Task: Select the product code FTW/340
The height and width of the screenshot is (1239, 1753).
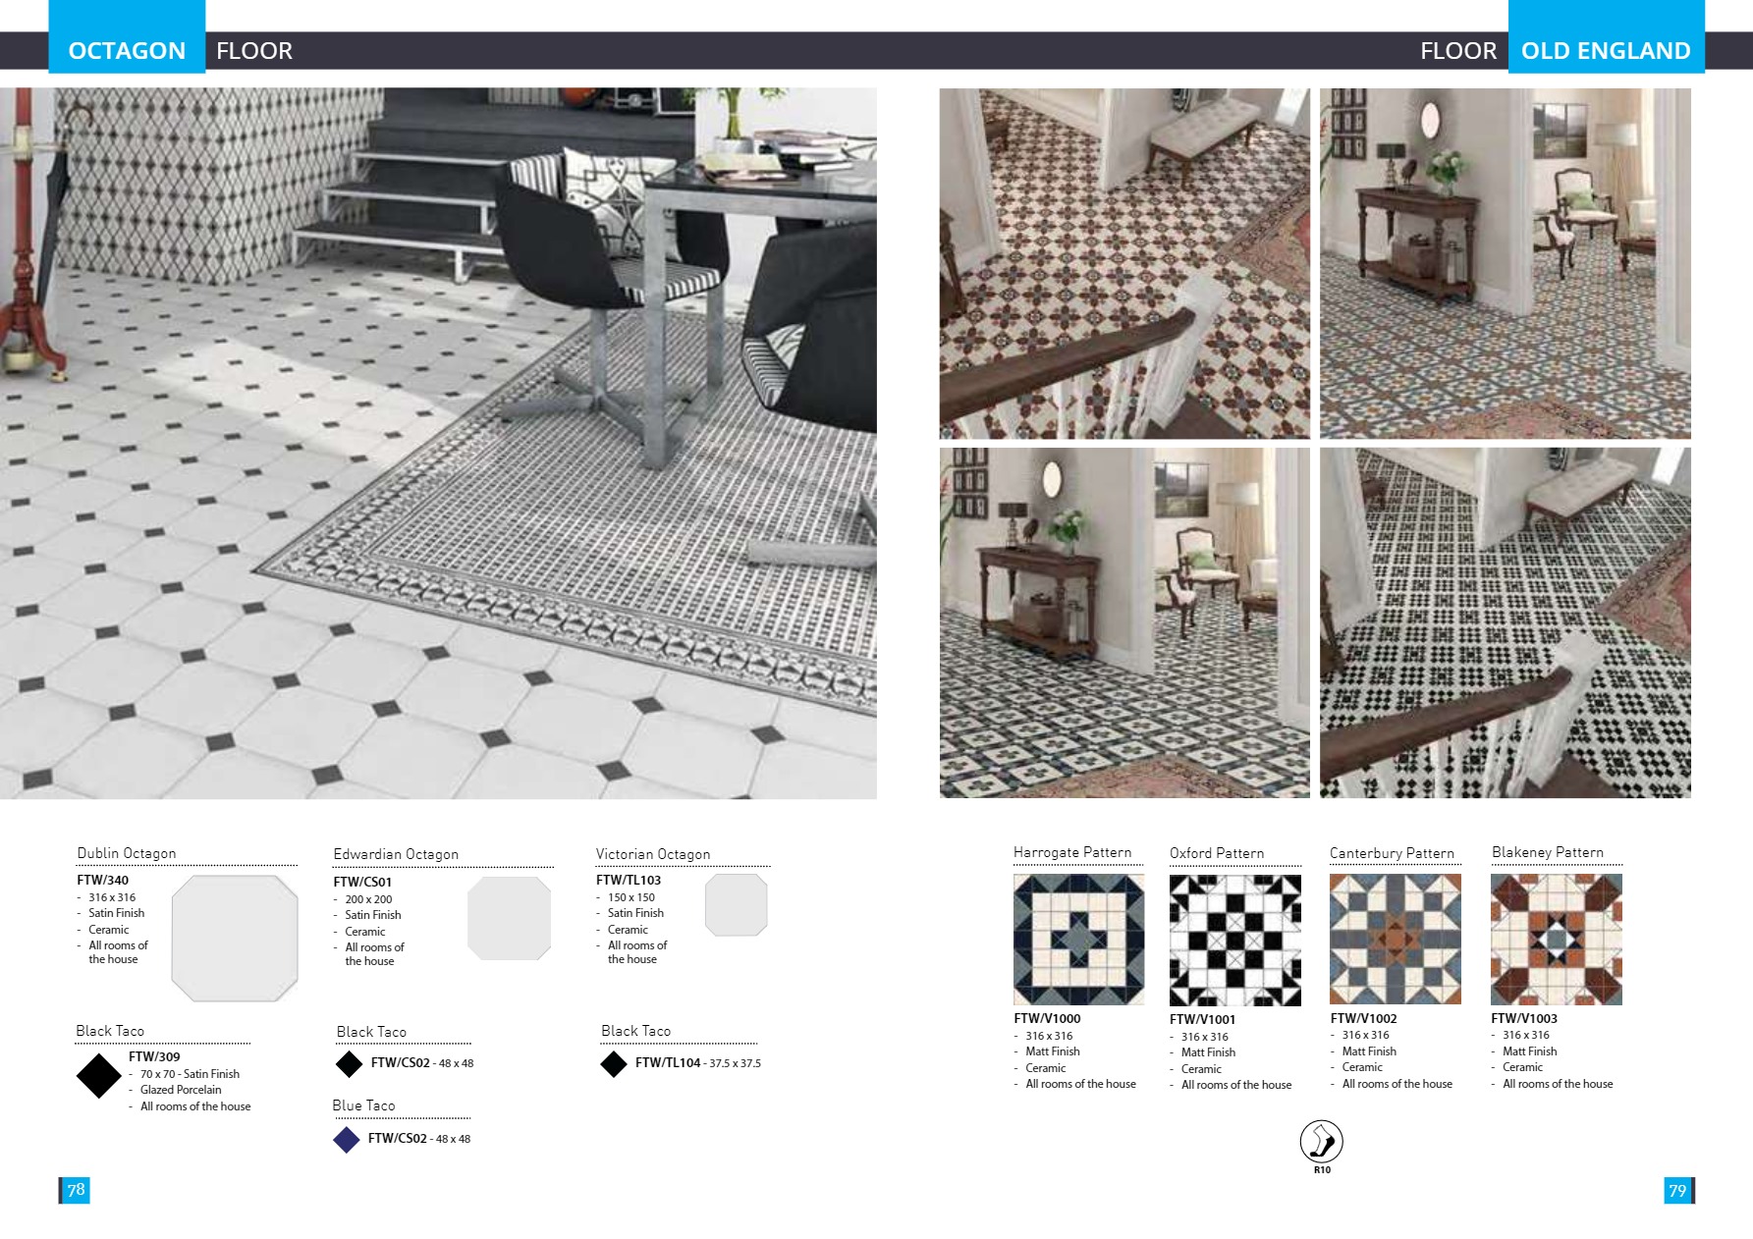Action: tap(103, 880)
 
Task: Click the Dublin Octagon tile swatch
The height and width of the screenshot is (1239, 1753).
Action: tap(235, 939)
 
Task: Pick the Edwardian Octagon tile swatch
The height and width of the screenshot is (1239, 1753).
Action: tap(509, 918)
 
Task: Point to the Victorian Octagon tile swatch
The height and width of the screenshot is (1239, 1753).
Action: tap(736, 904)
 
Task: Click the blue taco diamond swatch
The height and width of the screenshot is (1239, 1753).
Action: tap(347, 1139)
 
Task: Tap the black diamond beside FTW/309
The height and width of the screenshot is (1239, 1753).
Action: tap(98, 1076)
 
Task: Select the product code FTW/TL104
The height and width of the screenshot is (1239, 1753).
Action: tap(668, 1062)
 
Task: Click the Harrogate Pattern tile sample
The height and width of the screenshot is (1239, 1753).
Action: tap(1078, 940)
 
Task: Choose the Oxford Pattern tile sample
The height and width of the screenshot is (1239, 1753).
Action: tap(1234, 940)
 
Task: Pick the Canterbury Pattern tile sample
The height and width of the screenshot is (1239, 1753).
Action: tap(1395, 940)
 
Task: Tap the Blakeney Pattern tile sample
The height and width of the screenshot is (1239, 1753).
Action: tap(1556, 940)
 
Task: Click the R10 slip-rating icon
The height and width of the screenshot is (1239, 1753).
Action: tap(1321, 1143)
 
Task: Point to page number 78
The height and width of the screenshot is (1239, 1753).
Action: tap(76, 1190)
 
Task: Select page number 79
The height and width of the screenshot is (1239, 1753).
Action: tap(1677, 1191)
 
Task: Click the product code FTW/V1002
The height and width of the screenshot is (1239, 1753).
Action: tap(1363, 1018)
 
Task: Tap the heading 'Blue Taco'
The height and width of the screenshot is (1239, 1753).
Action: tap(363, 1105)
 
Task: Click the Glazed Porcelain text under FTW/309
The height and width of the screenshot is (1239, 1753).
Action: tap(181, 1090)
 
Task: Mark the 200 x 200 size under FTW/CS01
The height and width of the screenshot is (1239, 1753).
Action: tap(368, 899)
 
